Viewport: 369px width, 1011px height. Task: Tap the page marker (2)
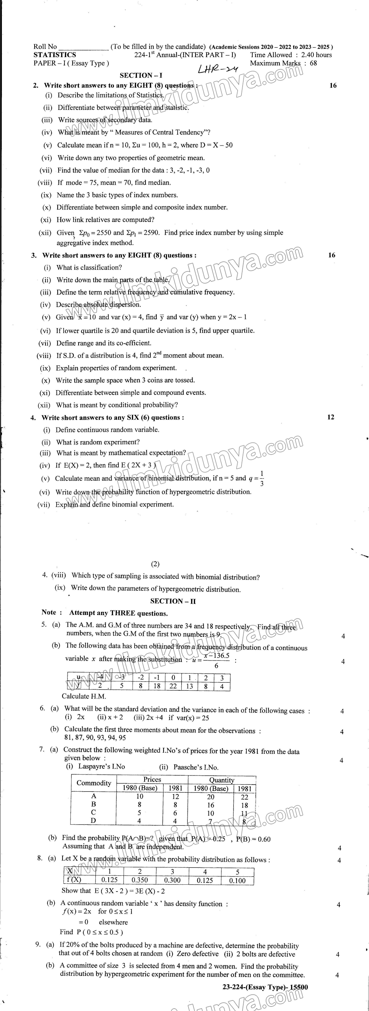155,564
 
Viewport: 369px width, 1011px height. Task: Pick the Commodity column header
94,783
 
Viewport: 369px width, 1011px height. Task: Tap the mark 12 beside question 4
330,417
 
